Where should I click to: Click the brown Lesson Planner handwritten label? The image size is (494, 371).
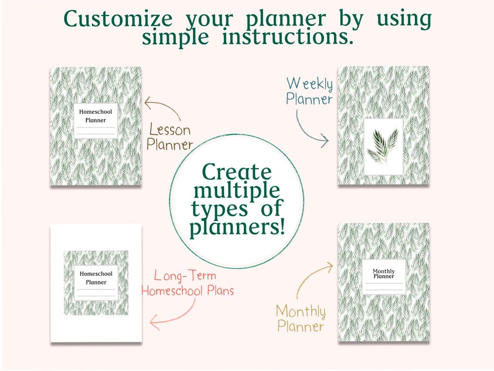(170, 138)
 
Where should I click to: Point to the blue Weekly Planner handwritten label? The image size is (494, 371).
(309, 91)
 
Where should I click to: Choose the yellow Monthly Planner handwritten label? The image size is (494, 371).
(301, 317)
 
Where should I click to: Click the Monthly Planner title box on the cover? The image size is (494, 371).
(383, 275)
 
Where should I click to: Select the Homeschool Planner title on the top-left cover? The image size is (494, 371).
(96, 116)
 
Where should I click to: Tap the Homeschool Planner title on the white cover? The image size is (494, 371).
(96, 278)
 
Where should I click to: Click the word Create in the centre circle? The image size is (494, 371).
(237, 171)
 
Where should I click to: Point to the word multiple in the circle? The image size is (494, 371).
(237, 189)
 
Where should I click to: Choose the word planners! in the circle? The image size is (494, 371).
(237, 227)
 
